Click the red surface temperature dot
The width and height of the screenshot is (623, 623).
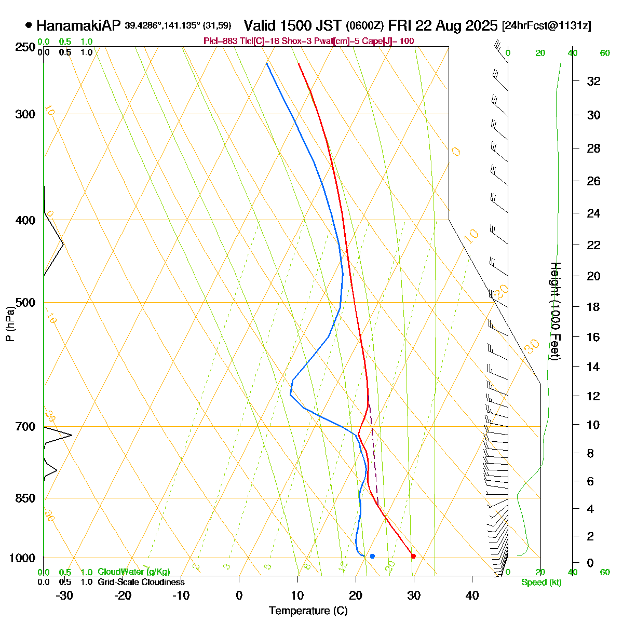[413, 556]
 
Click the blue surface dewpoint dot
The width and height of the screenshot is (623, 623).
[372, 556]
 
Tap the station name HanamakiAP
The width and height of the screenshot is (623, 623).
[78, 25]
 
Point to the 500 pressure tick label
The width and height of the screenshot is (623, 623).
[25, 303]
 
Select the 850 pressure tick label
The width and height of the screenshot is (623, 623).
[25, 498]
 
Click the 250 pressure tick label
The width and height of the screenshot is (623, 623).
[25, 47]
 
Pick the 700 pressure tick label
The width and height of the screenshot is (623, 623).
[25, 427]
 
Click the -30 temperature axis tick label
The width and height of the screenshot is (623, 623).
[64, 595]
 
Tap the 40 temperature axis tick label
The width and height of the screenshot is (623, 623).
[472, 595]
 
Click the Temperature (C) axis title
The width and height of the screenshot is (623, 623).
[308, 611]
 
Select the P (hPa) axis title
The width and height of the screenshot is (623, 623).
[10, 324]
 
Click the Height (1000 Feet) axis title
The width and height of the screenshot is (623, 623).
[555, 311]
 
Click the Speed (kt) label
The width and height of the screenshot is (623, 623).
[541, 583]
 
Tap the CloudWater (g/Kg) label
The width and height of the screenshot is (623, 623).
[133, 572]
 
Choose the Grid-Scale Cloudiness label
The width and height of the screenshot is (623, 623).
[141, 583]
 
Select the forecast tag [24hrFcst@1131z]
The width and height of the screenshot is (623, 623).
[546, 26]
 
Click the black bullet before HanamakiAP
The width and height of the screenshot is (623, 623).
[29, 25]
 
